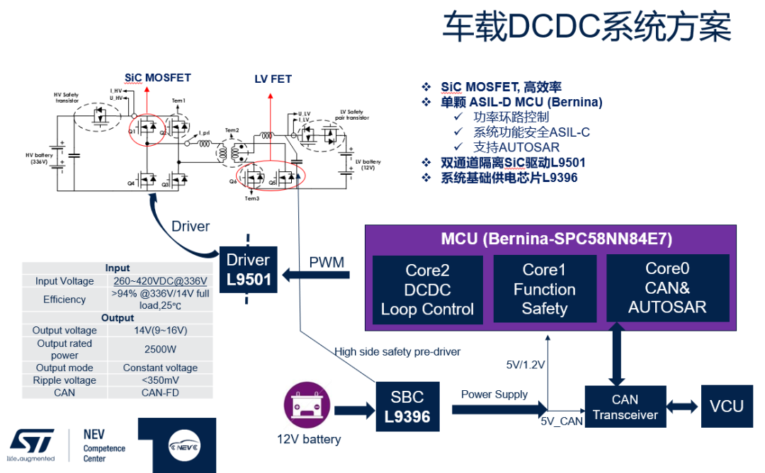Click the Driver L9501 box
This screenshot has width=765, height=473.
249,269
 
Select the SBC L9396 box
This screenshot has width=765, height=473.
407,406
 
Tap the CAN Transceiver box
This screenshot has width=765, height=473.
625,407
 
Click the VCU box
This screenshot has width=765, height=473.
726,406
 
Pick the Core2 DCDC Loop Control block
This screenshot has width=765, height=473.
427,290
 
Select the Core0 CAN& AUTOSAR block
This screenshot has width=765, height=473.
667,287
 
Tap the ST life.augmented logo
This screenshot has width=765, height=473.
31,445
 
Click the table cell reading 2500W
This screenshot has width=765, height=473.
160,349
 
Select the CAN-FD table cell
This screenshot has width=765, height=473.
160,392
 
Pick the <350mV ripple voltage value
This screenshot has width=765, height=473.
160,380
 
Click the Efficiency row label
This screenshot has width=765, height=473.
64,300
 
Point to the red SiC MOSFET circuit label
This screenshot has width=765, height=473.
157,78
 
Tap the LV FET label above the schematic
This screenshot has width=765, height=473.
273,79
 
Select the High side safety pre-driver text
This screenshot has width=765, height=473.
397,351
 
